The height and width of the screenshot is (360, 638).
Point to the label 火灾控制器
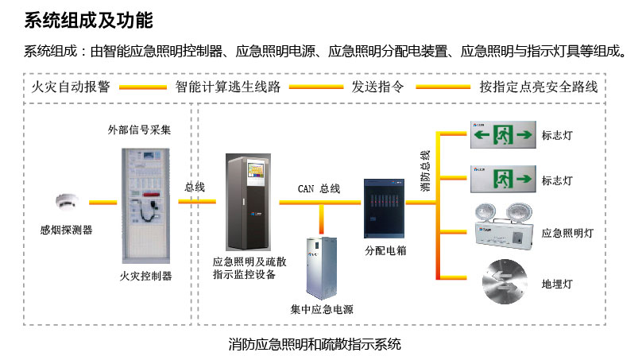pyautogui.click(x=145, y=276)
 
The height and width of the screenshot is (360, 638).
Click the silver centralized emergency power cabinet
pyautogui.click(x=322, y=266)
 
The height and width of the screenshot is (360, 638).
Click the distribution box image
pyautogui.click(x=384, y=208)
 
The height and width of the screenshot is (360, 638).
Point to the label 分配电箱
pyautogui.click(x=385, y=250)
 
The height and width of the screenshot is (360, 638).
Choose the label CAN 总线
pyautogui.click(x=319, y=188)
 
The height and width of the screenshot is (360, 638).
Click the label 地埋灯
pyautogui.click(x=557, y=283)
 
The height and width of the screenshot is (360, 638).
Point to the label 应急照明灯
pyautogui.click(x=567, y=233)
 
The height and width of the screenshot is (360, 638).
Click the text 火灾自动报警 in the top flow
pyautogui.click(x=70, y=87)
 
